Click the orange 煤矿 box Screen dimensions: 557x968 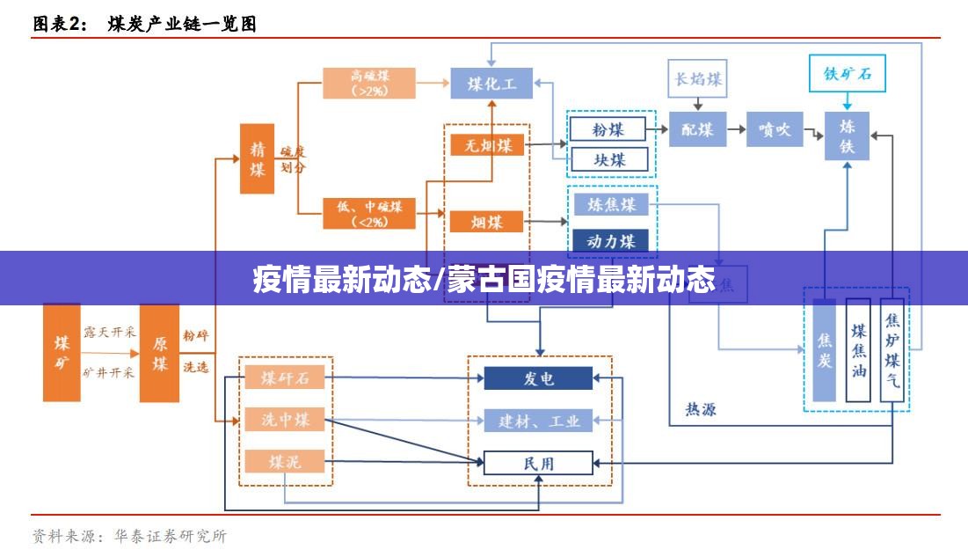tap(62, 352)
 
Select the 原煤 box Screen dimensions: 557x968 tap(159, 352)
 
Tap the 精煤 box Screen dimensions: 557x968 tap(257, 158)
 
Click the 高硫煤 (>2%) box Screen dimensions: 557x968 tap(369, 83)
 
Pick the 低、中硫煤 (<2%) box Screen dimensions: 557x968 tap(369, 214)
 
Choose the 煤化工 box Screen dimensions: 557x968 tap(491, 84)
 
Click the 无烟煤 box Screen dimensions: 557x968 tap(487, 145)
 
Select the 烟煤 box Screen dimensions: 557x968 tap(487, 221)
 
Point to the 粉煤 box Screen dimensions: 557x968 tap(608, 129)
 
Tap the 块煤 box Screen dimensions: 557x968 tap(608, 159)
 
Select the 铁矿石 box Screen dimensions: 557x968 tap(848, 74)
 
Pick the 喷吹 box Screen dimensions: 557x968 tap(775, 129)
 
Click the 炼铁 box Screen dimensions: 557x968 tap(847, 136)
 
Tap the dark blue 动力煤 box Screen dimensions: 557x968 tap(611, 240)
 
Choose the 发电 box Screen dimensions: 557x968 tap(539, 378)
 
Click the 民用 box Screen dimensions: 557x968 tap(539, 463)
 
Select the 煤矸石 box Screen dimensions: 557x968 tap(285, 378)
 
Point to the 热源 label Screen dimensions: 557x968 tap(701, 409)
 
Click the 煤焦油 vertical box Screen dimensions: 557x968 tap(858, 349)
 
